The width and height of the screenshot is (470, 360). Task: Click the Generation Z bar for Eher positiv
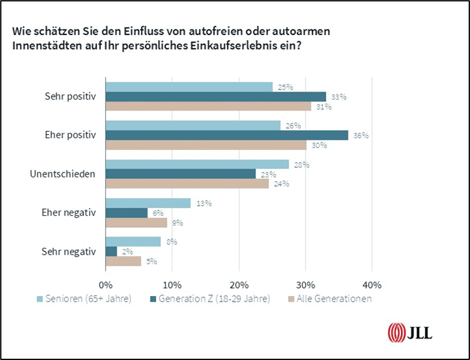pyautogui.click(x=227, y=135)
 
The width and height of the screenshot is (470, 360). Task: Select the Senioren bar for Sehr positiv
pyautogui.click(x=189, y=87)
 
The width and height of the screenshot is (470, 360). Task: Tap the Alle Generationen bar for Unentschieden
pyautogui.click(x=187, y=184)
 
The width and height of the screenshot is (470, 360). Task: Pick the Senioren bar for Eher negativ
pyautogui.click(x=148, y=203)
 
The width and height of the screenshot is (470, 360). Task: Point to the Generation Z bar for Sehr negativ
pyautogui.click(x=112, y=251)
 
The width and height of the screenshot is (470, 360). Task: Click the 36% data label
pyautogui.click(x=360, y=135)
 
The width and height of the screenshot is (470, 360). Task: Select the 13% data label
pyautogui.click(x=204, y=203)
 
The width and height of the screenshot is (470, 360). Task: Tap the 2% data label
pyautogui.click(x=125, y=251)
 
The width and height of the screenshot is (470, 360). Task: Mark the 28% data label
pyautogui.click(x=301, y=164)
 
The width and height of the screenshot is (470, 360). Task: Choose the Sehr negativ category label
pyautogui.click(x=70, y=251)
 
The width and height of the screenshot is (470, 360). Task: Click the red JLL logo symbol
pyautogui.click(x=397, y=331)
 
